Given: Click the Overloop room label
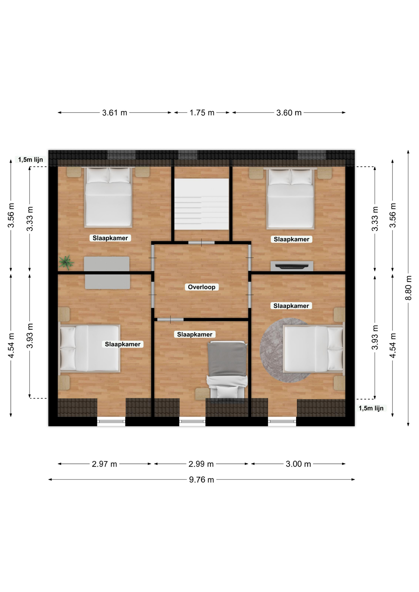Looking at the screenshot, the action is [x=201, y=287].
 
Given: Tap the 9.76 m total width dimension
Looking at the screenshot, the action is [x=201, y=479].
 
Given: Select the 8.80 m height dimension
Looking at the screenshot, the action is [x=408, y=288].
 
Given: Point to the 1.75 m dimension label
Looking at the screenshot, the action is [x=202, y=113].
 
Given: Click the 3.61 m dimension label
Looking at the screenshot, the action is [x=114, y=113].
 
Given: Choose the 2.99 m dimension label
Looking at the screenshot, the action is [x=201, y=464].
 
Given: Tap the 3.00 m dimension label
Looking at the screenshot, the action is [x=298, y=464].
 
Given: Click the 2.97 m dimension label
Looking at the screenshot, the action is [x=104, y=464].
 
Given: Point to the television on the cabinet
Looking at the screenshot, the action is [x=292, y=266].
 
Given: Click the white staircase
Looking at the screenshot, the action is [x=202, y=204].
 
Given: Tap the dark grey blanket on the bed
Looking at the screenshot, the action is [x=227, y=359].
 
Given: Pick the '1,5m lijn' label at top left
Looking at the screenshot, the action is [x=31, y=160].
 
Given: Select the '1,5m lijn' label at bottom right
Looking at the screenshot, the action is [x=371, y=408].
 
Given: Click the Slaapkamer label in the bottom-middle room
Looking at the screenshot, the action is [x=195, y=335].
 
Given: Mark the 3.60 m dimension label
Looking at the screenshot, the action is [x=289, y=113].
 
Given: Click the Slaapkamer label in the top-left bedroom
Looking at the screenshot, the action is [x=110, y=238].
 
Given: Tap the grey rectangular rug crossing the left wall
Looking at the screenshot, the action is [x=107, y=273].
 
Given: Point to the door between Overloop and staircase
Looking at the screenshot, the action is [x=201, y=243].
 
